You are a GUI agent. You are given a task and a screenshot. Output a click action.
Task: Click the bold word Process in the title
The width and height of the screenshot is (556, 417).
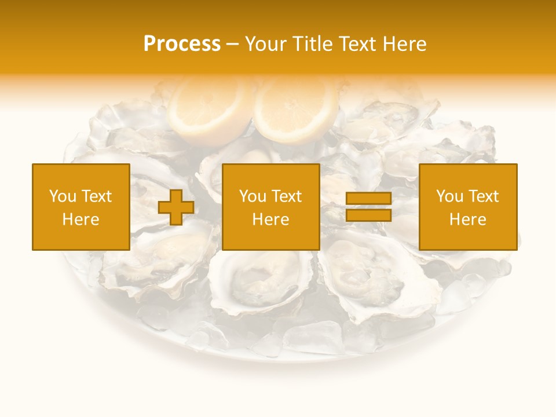point(182,43)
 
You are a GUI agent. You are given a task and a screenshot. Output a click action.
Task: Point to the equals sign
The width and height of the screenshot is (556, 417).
point(368,207)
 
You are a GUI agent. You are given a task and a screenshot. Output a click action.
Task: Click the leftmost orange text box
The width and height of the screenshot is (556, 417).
point(81,207)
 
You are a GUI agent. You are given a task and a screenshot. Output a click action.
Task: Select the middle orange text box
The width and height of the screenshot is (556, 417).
point(270,207)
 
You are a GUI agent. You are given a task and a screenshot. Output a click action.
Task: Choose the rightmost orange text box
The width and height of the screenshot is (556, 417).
point(467,207)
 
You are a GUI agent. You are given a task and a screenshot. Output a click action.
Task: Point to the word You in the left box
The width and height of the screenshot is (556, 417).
point(61,196)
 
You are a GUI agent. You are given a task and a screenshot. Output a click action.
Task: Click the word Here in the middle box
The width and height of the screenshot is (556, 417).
point(270,220)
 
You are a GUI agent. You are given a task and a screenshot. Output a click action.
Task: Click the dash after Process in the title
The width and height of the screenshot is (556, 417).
point(233,44)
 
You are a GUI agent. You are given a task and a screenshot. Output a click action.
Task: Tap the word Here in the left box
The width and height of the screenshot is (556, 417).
point(81,220)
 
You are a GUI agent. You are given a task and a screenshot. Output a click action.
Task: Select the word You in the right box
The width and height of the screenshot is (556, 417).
point(449,196)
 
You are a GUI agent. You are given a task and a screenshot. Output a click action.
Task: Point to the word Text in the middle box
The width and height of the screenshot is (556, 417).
point(288,196)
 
